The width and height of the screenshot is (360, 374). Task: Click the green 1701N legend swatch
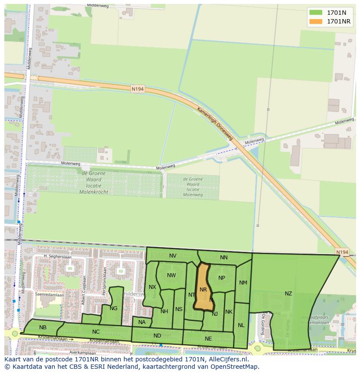[x=316, y=12]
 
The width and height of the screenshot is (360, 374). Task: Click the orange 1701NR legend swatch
[x=316, y=21]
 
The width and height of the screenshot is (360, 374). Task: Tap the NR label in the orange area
[x=203, y=290]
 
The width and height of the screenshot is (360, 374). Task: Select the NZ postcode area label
[x=288, y=294]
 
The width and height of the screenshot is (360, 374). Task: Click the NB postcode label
[x=43, y=328]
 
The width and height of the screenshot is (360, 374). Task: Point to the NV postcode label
[x=173, y=256]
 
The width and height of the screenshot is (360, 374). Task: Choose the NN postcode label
[x=223, y=258]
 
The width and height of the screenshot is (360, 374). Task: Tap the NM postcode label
[x=243, y=283]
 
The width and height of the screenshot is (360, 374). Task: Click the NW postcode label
[x=171, y=275]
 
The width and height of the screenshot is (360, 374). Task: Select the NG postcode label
[x=113, y=308]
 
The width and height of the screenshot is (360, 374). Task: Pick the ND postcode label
[x=157, y=335]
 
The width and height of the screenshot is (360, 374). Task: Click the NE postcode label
[x=208, y=339]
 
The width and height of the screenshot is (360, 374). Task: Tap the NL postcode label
[x=241, y=325]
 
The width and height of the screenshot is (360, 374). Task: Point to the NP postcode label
[x=222, y=278]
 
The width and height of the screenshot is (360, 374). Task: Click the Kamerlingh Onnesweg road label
[x=215, y=124]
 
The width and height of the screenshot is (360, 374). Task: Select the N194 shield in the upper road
[x=137, y=89]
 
